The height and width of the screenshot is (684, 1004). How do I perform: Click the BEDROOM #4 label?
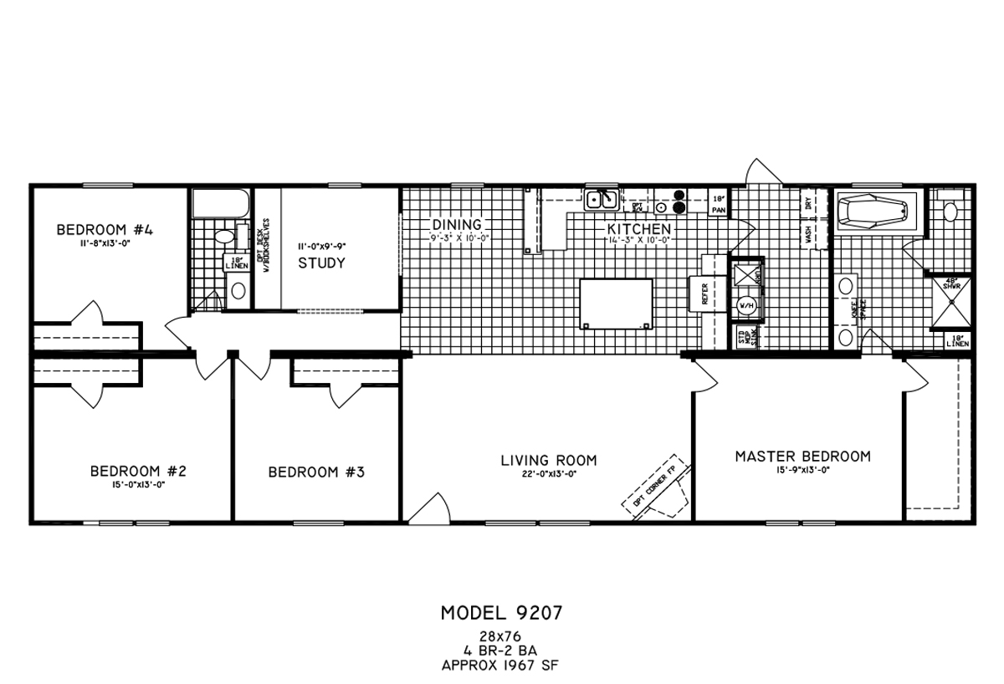click(x=104, y=229)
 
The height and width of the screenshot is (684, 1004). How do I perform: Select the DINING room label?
click(x=457, y=225)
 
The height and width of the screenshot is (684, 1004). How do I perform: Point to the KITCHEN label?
click(x=639, y=228)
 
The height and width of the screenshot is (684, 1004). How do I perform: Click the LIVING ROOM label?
click(x=549, y=460)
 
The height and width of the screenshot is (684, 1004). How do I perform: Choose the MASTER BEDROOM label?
click(x=802, y=457)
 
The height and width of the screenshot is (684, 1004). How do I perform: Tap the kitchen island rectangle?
click(x=617, y=304)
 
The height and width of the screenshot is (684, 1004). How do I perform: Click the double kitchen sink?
click(x=602, y=200)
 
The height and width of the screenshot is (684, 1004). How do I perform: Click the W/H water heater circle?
click(x=745, y=306)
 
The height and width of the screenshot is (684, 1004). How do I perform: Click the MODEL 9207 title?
click(x=501, y=613)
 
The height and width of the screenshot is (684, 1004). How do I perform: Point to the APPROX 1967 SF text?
click(x=501, y=666)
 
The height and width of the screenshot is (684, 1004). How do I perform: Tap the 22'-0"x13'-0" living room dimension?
click(x=549, y=474)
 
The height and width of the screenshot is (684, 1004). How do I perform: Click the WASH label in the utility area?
click(x=808, y=234)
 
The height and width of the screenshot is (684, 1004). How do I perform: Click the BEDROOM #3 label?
click(x=315, y=472)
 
